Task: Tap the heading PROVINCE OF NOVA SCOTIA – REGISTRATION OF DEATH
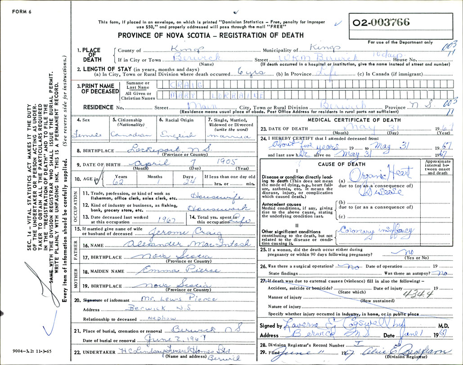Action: click(210, 36)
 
